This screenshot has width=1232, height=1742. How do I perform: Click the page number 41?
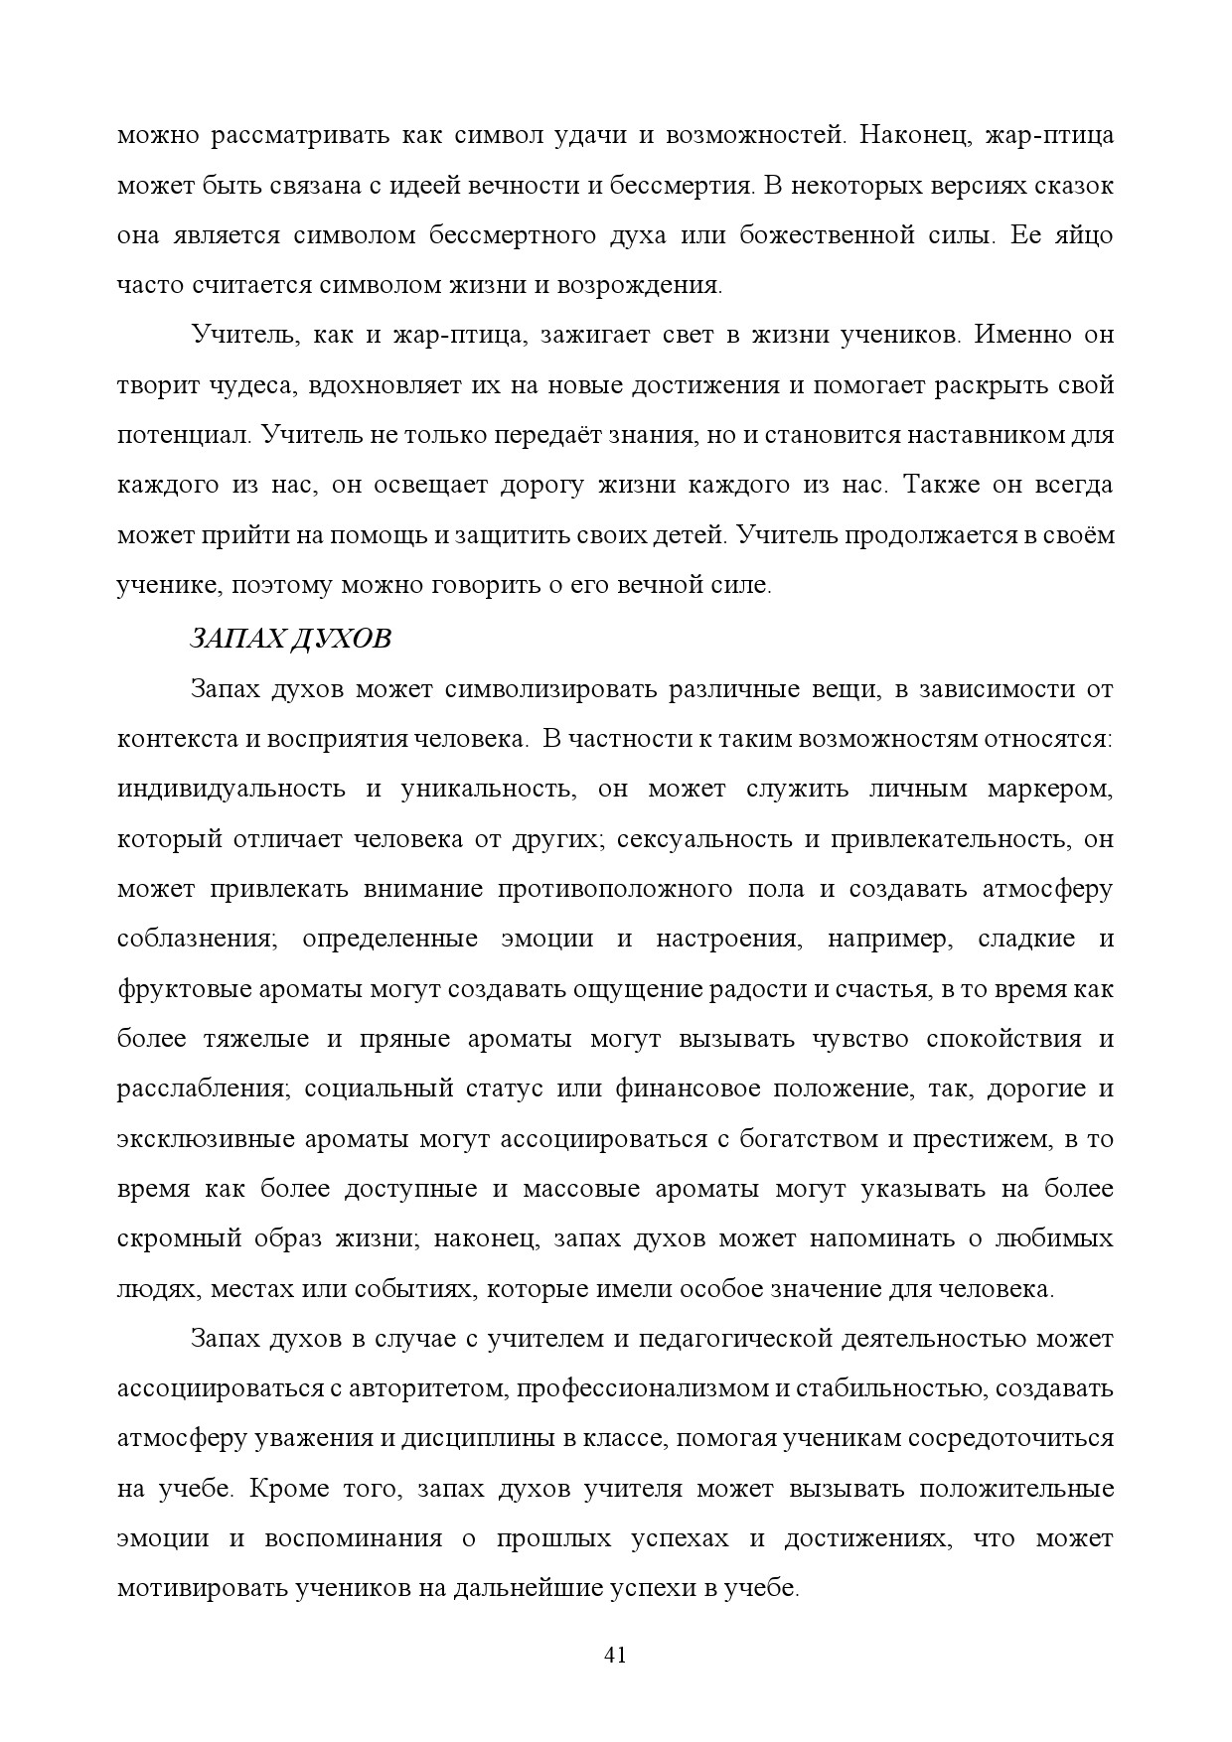coord(615,1656)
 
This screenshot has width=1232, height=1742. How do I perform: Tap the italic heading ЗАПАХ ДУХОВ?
coord(290,639)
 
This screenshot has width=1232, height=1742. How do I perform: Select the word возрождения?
coord(647,286)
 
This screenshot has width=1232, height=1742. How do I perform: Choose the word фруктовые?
coord(183,989)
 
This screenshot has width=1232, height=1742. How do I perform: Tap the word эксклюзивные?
coord(199,1139)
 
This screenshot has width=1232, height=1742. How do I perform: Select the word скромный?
coord(180,1239)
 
